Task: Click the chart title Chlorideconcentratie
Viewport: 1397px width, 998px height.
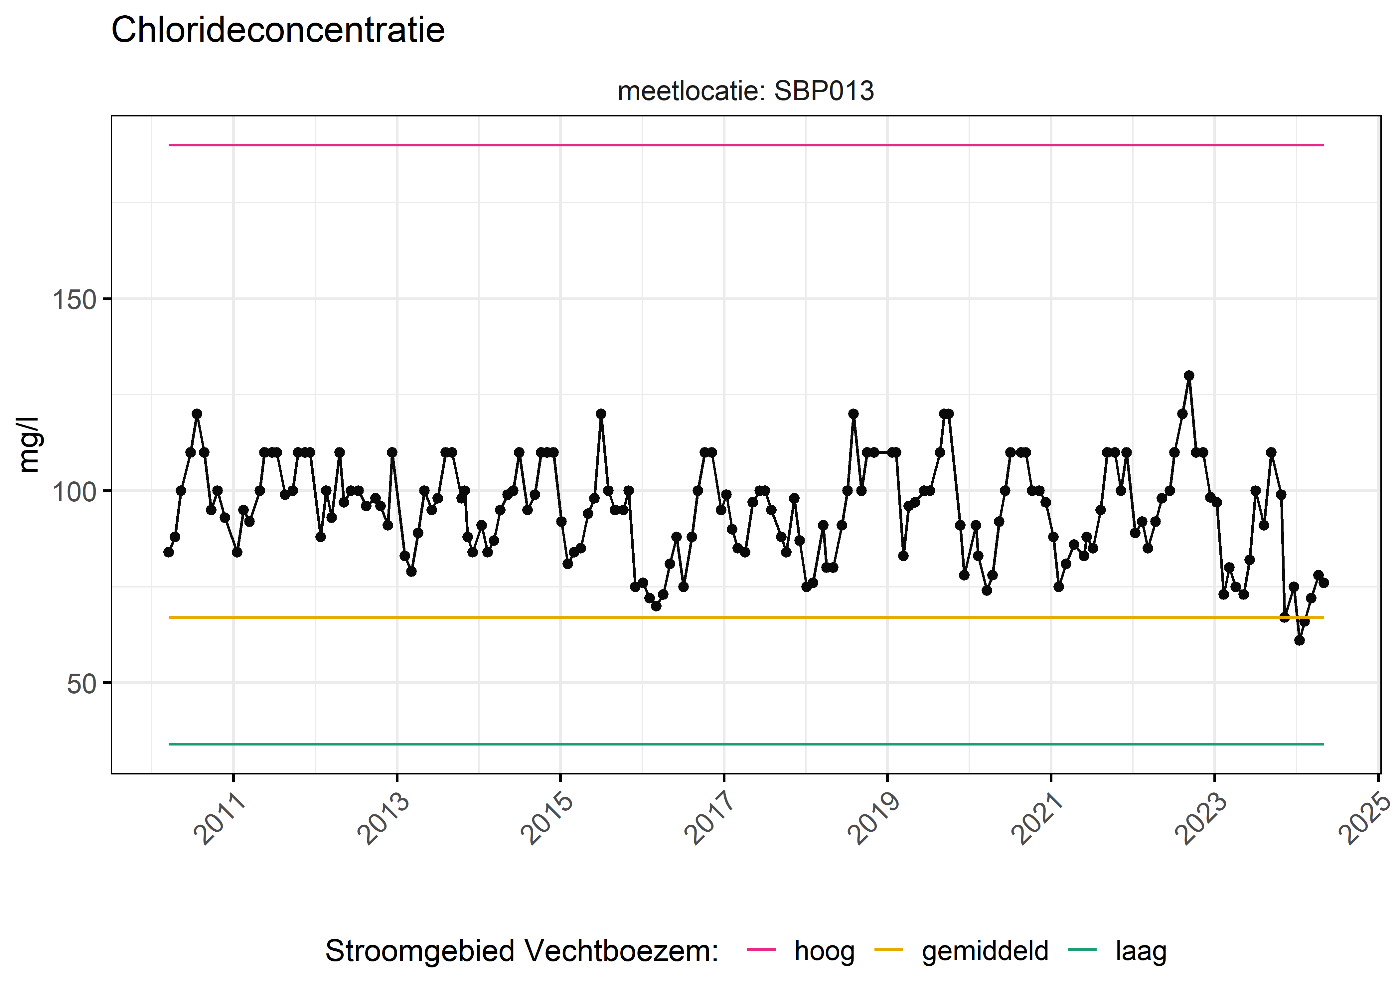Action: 278,30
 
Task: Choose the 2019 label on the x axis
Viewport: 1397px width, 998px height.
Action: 873,819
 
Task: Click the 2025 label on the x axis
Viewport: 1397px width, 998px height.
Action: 1364,819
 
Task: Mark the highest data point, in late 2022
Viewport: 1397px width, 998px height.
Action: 1189,376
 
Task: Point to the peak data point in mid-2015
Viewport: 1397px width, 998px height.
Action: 601,414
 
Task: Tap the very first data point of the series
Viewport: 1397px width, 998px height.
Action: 168,552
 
